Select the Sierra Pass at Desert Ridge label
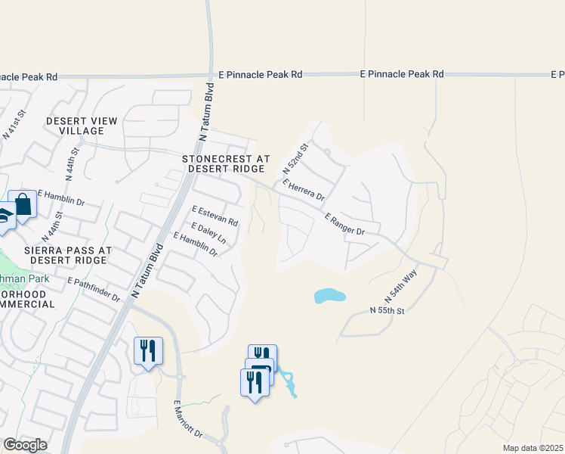67,254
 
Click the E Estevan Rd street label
215,216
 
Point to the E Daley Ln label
209,232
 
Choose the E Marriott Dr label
188,420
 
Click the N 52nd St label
296,157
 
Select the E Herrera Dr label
303,190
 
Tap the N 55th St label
388,311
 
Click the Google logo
25,445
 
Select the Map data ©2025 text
533,448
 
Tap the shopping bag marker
23,204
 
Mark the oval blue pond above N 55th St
329,296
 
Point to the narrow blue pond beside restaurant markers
289,383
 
